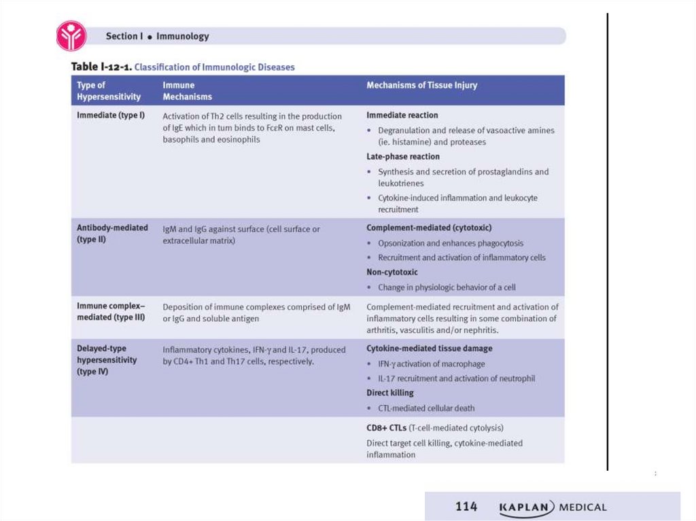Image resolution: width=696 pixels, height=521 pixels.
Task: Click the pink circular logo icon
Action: (x=71, y=36)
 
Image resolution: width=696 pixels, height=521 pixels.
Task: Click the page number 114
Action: (x=466, y=507)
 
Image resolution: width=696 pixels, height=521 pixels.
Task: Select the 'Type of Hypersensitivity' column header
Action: (x=109, y=91)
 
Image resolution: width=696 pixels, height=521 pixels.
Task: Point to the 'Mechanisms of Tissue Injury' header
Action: (x=421, y=86)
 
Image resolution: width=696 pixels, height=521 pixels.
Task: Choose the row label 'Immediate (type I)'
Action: (x=111, y=115)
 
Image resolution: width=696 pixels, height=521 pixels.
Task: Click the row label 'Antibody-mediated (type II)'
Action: (x=112, y=234)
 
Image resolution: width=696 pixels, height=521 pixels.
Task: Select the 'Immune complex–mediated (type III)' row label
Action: (x=111, y=312)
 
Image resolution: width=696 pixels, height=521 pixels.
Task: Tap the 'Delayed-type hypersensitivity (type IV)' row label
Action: (x=107, y=360)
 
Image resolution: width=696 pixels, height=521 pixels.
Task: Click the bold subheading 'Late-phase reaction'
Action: (x=403, y=157)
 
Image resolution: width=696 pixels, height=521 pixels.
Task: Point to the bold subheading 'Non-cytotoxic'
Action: (x=392, y=272)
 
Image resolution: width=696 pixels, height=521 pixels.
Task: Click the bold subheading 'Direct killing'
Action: (x=390, y=393)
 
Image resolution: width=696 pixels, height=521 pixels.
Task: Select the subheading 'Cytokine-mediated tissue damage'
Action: (x=430, y=348)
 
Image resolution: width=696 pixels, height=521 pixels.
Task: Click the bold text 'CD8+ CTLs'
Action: (x=387, y=428)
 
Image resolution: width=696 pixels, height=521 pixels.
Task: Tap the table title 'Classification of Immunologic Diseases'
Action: (x=215, y=67)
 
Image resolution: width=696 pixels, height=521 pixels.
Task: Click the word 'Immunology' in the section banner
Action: (x=183, y=37)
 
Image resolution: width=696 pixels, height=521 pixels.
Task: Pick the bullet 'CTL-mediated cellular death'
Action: (x=426, y=408)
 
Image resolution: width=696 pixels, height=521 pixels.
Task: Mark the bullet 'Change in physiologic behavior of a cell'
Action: (x=447, y=287)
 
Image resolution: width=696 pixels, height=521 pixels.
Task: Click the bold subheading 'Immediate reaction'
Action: (x=402, y=115)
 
